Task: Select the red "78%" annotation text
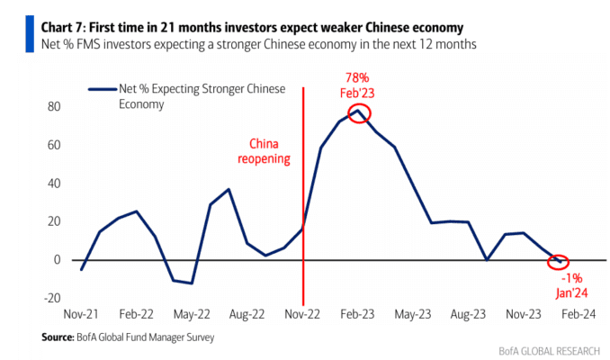357,77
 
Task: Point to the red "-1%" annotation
572,278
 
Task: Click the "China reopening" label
264,151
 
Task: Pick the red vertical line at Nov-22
303,196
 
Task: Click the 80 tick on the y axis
54,106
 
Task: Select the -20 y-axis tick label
52,298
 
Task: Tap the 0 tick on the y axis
58,260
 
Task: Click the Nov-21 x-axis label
81,314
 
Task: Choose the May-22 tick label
192,314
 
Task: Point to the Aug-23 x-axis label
468,314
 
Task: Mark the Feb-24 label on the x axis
579,314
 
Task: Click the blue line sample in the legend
103,89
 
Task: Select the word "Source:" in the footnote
58,337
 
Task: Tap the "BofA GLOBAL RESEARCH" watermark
550,351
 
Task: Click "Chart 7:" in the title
63,28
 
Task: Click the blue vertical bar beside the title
30,34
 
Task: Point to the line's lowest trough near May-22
192,283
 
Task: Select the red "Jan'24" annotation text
571,293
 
